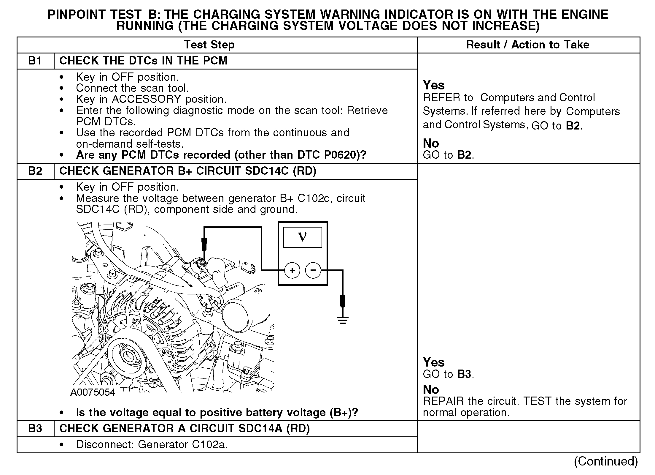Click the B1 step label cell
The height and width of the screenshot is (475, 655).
click(35, 61)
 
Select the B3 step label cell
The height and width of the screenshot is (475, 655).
click(35, 428)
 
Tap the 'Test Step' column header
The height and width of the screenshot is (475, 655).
click(209, 45)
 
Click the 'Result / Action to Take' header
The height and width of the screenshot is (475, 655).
click(527, 45)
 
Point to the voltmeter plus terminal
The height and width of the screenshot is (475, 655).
click(292, 270)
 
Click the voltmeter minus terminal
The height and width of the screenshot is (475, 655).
click(313, 270)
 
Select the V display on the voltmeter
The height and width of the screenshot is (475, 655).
click(303, 237)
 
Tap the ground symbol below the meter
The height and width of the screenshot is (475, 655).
click(343, 320)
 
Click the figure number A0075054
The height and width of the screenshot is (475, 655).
click(93, 392)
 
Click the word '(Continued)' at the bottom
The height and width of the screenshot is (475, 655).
click(606, 461)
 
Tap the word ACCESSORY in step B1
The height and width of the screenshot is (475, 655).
click(146, 99)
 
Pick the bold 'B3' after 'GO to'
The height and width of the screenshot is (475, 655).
click(464, 374)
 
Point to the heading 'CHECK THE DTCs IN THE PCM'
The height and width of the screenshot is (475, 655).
click(144, 61)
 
